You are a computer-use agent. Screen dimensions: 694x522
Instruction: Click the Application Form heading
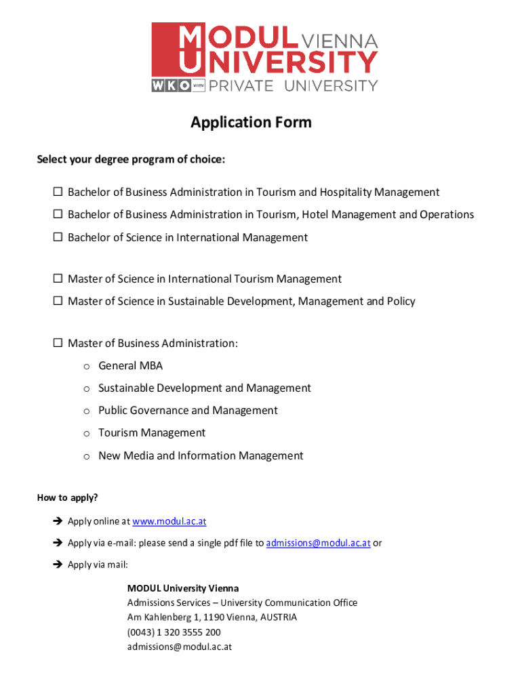(251, 122)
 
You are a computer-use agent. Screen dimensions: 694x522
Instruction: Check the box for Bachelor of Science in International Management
(58, 238)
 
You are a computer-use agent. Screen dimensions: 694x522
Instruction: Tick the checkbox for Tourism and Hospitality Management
(58, 192)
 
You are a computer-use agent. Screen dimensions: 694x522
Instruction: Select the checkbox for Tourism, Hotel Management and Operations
(58, 215)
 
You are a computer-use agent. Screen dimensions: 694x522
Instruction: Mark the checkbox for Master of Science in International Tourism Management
(58, 279)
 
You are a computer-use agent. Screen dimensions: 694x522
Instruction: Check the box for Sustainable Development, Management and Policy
(58, 302)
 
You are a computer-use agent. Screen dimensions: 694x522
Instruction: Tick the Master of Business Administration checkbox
(58, 344)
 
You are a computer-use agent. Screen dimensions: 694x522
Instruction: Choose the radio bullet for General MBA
(87, 367)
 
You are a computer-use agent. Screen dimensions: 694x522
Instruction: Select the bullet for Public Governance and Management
(87, 411)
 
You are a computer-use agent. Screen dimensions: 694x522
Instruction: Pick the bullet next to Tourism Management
(87, 434)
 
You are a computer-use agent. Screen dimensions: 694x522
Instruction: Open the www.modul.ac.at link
(169, 521)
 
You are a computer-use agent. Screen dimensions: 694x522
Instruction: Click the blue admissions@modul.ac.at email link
(318, 543)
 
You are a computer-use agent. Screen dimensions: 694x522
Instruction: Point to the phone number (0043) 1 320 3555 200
(174, 632)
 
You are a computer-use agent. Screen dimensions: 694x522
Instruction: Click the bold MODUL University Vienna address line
(183, 588)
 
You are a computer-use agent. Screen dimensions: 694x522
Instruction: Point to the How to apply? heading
(67, 498)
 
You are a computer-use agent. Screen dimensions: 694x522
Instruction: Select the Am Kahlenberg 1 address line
(212, 617)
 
